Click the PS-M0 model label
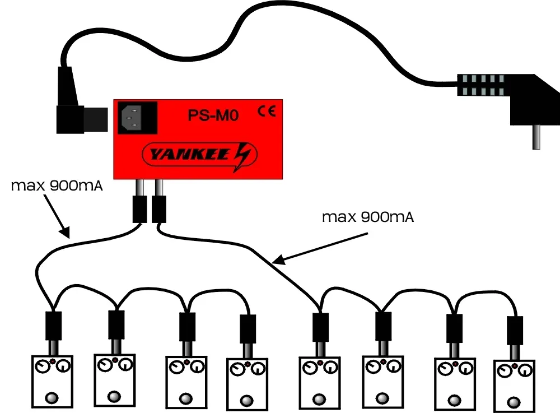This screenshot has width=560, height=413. (213, 117)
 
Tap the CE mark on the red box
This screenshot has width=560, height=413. (266, 112)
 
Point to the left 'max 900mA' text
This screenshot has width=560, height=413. (57, 185)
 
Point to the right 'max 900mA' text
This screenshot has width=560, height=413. (368, 217)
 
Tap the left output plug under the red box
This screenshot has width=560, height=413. (139, 209)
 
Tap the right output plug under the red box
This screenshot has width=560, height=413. (160, 209)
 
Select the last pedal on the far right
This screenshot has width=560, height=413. (514, 386)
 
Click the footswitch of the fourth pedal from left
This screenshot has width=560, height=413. (246, 401)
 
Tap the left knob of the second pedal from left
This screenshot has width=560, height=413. (105, 366)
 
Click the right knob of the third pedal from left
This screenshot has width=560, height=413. (196, 368)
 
